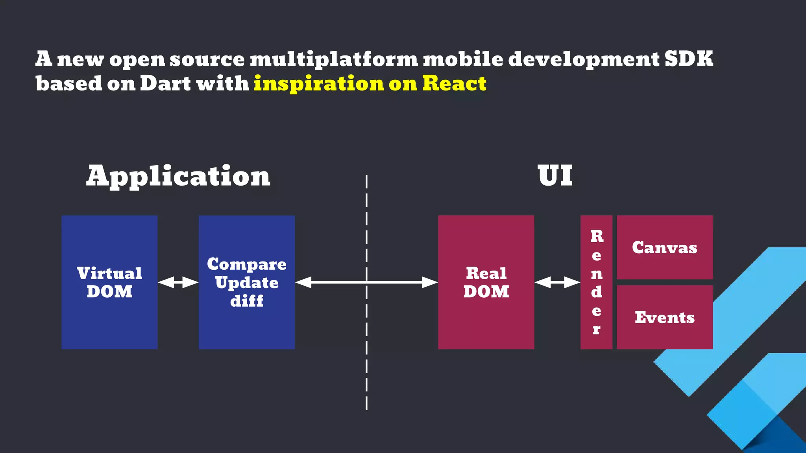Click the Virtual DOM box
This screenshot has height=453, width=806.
point(109,282)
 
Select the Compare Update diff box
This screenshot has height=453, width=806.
point(247,282)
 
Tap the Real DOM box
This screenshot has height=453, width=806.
point(486,282)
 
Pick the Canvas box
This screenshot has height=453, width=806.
point(665,247)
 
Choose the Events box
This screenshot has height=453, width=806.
point(665,317)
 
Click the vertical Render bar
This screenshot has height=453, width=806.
point(596,282)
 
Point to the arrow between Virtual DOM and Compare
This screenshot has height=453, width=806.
point(178,282)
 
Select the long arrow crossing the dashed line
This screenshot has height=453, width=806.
point(366,282)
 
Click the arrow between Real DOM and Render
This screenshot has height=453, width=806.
point(557,282)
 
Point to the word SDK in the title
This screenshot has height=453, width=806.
point(689,59)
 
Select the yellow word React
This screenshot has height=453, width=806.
point(455,83)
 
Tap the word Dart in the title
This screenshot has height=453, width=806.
point(166,83)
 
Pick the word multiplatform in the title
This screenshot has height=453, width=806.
point(334,59)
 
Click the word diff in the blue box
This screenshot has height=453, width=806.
point(247,301)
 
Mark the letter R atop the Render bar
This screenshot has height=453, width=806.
point(597,236)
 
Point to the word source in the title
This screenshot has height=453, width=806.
point(207,59)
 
